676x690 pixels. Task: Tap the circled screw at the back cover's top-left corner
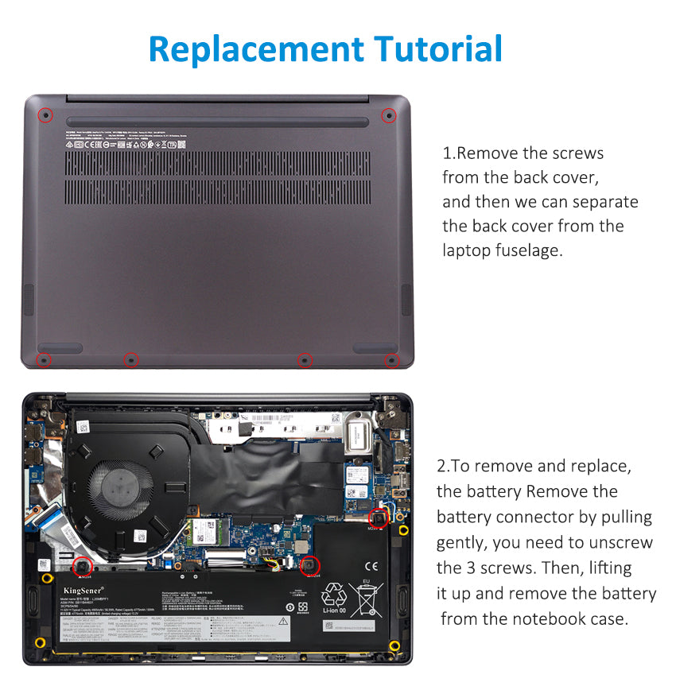[46, 115]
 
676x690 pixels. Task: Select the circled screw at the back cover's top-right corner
[389, 115]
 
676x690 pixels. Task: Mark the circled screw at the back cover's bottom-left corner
[45, 361]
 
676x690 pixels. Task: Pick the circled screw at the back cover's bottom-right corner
[391, 361]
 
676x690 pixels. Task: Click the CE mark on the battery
[371, 568]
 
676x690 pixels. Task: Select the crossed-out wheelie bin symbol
[367, 601]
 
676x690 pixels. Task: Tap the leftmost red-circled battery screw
[81, 566]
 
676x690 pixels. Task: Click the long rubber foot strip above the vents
[217, 122]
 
